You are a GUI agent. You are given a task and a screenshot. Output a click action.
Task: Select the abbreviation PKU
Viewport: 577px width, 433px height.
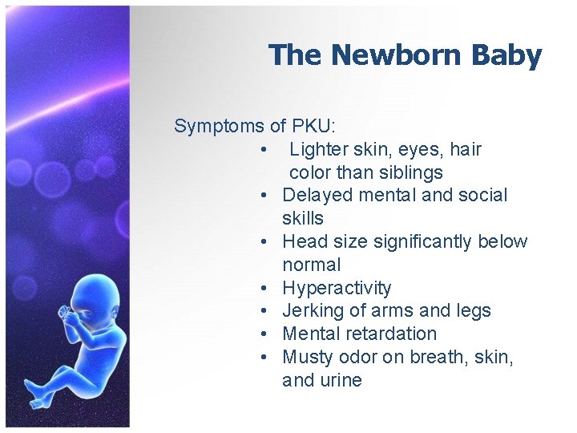point(313,126)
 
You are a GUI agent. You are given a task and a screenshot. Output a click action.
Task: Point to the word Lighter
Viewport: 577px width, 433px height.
point(317,149)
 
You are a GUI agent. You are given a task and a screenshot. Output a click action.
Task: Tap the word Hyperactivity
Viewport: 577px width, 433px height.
point(337,288)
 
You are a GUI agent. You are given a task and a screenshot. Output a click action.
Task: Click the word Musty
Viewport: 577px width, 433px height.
point(308,357)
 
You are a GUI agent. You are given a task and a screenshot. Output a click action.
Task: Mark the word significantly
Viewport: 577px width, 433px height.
point(420,241)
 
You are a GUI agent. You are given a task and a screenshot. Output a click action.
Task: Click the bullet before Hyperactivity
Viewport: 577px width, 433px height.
point(264,288)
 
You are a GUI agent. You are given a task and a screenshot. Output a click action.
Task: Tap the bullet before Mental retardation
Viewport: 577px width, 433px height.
point(264,334)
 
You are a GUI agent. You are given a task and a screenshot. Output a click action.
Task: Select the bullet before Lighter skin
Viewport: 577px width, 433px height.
point(264,149)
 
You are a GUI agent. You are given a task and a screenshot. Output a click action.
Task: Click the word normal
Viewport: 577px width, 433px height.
point(312,265)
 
